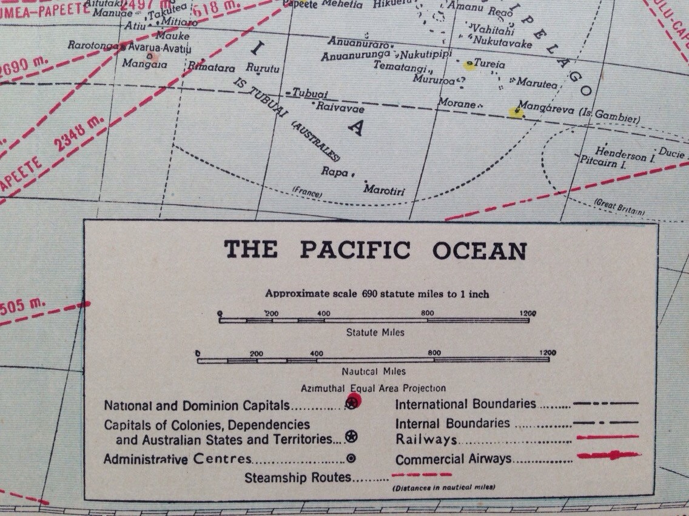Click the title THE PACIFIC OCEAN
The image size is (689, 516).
(375, 250)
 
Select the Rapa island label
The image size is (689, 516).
(335, 171)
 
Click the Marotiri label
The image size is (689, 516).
(384, 190)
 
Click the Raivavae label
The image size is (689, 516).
(340, 108)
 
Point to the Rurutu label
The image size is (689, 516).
(263, 68)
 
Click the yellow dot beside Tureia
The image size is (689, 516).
(468, 65)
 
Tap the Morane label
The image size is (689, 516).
(457, 104)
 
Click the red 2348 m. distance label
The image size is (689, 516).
(79, 133)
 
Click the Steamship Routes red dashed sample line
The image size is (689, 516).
(422, 474)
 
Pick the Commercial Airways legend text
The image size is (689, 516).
(453, 459)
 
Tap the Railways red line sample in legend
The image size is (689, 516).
(608, 437)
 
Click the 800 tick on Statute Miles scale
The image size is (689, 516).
(428, 313)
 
